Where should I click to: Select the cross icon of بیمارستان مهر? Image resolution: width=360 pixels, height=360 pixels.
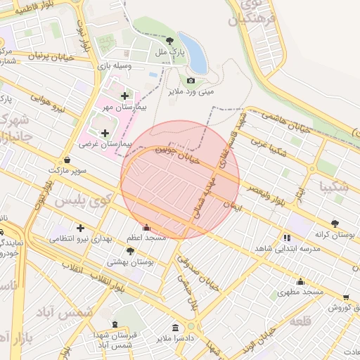pos(125,96)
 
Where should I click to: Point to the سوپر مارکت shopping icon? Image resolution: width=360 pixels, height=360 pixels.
pos(67,160)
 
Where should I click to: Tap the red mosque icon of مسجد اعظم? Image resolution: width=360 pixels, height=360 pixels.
pos(146,227)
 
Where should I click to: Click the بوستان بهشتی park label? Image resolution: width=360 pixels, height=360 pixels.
pos(130,261)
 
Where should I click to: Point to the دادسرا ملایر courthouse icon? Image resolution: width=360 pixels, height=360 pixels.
pos(175,328)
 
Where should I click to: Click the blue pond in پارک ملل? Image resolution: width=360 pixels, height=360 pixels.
pos(194,53)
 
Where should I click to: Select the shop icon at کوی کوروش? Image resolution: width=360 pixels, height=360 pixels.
pos(345,298)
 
